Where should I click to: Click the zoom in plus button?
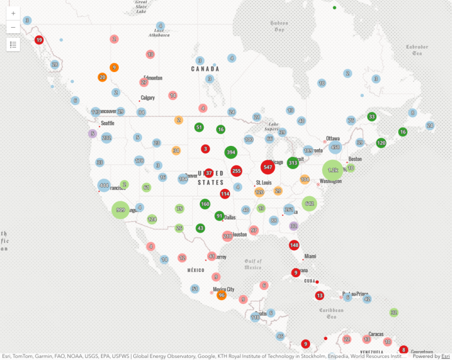(13, 13)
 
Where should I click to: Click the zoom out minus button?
(13, 27)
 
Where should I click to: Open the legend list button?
(13, 44)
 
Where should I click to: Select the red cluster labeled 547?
(268, 167)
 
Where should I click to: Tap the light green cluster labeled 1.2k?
(333, 170)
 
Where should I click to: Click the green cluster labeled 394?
(231, 153)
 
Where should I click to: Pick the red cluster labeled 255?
(237, 171)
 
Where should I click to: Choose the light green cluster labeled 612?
(309, 204)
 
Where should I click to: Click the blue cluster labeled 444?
(104, 185)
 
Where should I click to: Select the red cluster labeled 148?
(294, 245)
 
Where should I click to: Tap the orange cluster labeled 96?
(222, 295)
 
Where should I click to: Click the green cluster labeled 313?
(293, 163)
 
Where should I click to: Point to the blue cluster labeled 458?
(335, 147)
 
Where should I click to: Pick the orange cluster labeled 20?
(102, 78)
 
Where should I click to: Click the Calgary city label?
(148, 98)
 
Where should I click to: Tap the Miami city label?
(310, 256)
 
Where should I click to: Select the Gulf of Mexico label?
(253, 263)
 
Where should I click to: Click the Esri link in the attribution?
(445, 356)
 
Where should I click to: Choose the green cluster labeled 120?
(381, 143)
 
